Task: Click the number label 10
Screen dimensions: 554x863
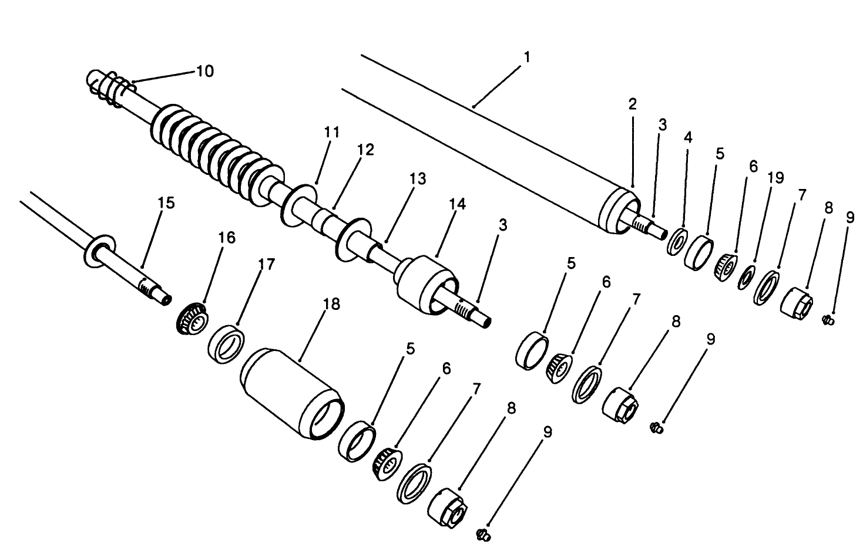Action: [204, 72]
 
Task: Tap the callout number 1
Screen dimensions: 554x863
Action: [527, 58]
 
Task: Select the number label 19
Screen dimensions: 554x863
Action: [775, 178]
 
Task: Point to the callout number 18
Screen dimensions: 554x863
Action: [331, 304]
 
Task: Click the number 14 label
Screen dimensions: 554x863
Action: [457, 204]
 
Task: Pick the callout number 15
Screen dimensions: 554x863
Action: [166, 203]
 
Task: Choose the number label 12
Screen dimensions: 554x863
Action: [365, 150]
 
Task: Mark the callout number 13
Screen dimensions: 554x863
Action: [418, 178]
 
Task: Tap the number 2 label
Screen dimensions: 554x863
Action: [632, 105]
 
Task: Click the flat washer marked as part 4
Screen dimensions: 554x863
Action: [677, 242]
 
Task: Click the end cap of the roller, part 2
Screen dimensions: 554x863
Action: [614, 210]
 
